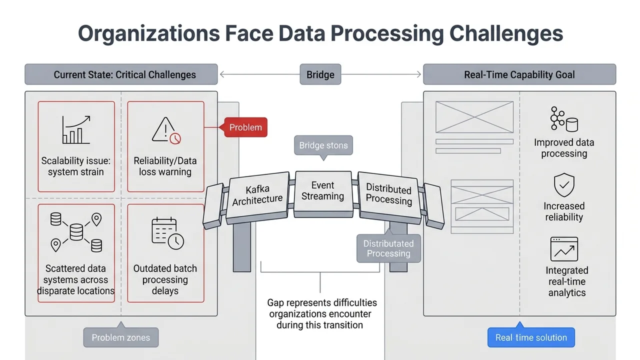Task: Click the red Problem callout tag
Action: (245, 127)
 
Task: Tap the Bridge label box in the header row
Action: (320, 75)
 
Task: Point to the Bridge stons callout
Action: (323, 146)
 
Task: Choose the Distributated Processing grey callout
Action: (388, 248)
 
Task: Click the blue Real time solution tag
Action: (531, 337)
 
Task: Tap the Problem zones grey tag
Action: (120, 337)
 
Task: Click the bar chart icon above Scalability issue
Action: (76, 130)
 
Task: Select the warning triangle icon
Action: (166, 130)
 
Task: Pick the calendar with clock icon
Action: (167, 233)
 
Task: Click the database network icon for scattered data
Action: (76, 232)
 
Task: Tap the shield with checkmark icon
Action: (564, 185)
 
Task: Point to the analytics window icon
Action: (564, 249)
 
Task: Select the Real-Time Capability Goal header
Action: (519, 75)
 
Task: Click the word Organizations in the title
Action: (148, 33)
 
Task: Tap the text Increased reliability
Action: (564, 211)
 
